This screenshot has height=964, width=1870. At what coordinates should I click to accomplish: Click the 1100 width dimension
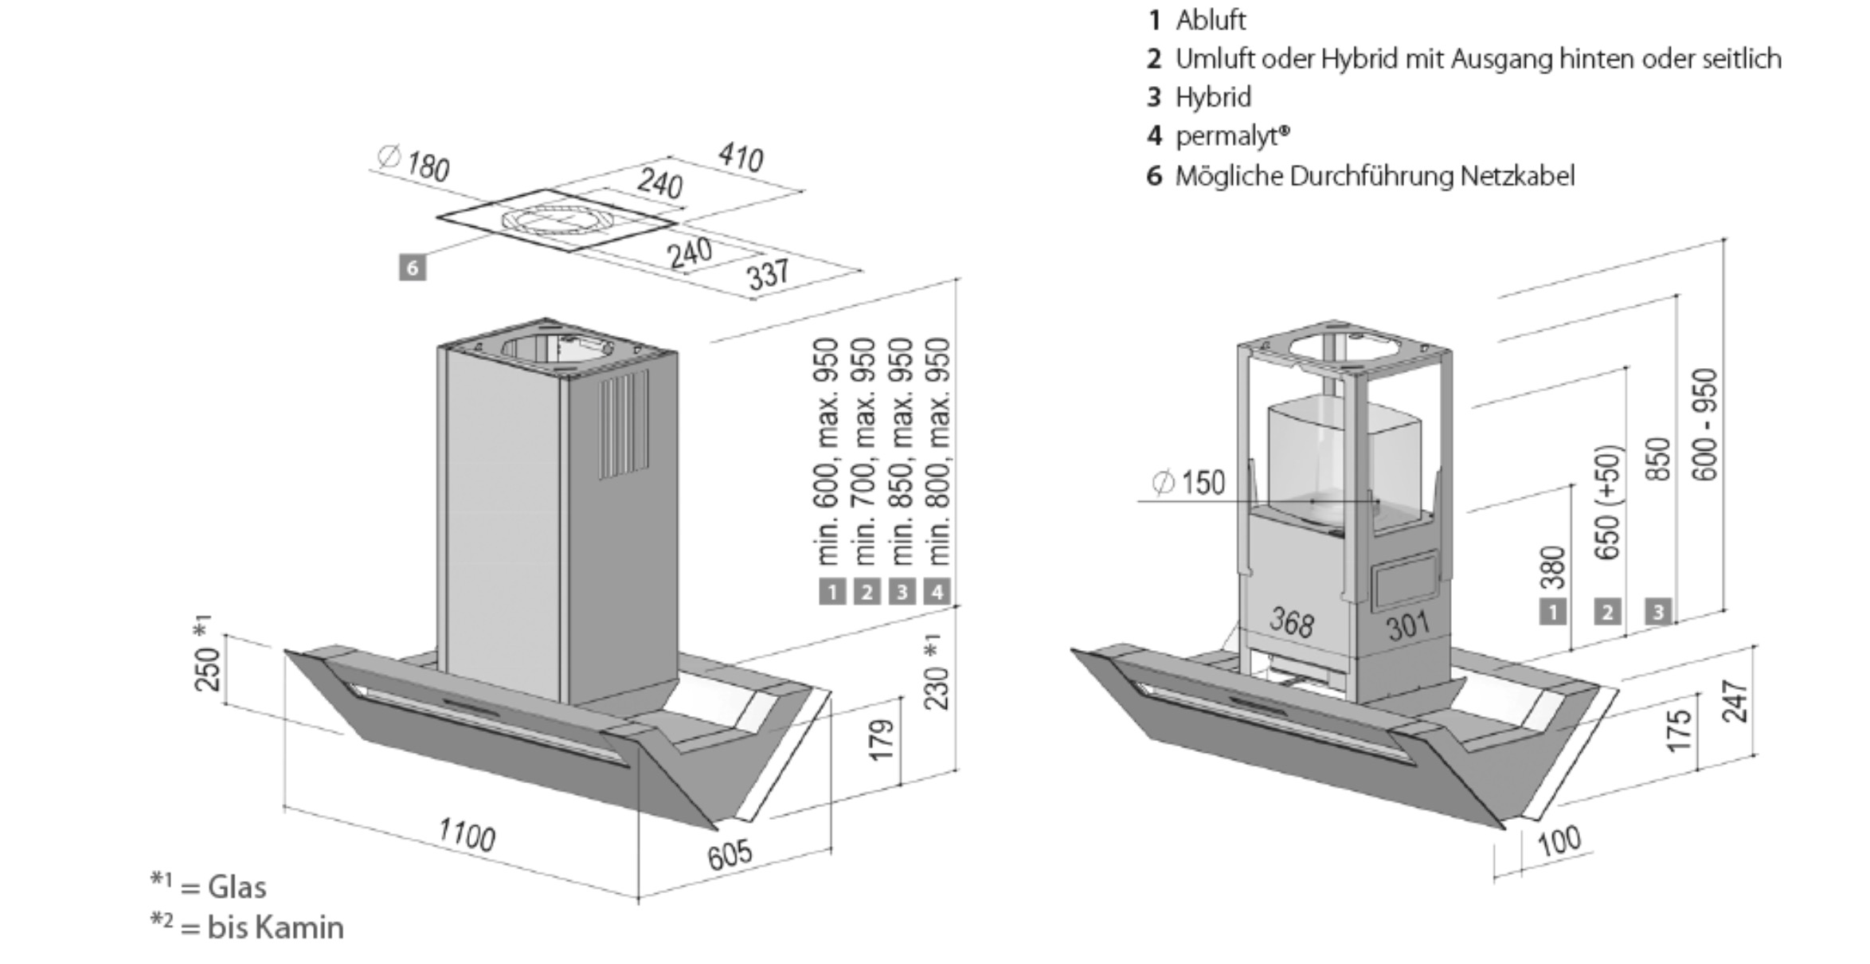click(x=467, y=836)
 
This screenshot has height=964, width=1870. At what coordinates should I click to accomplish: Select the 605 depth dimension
click(x=730, y=853)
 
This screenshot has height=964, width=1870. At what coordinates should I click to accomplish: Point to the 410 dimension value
click(x=741, y=157)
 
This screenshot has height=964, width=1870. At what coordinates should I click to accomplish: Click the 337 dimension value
click(x=769, y=273)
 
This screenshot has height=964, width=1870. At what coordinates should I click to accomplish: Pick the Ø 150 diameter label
click(x=1188, y=483)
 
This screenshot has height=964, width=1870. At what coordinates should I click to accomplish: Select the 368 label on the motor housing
click(x=1291, y=621)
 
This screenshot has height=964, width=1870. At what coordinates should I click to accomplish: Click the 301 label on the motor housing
click(x=1408, y=626)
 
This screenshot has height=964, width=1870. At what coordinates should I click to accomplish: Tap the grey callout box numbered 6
click(x=412, y=268)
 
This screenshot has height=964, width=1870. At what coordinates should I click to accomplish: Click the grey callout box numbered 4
click(x=937, y=592)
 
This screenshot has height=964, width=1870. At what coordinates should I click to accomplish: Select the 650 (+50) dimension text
click(x=1608, y=502)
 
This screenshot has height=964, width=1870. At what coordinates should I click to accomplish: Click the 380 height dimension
click(x=1553, y=566)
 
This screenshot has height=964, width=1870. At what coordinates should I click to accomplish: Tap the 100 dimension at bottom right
click(x=1559, y=841)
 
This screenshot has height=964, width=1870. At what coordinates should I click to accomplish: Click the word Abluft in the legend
click(x=1211, y=20)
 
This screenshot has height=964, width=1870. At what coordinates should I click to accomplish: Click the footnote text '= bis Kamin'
click(x=263, y=927)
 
